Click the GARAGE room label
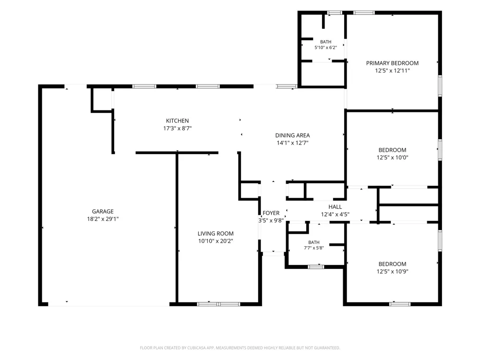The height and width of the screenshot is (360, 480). click(x=103, y=211)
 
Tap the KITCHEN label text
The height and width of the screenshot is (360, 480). click(x=177, y=120)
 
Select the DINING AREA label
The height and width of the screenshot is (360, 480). click(x=292, y=135)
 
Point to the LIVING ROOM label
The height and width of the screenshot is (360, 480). click(x=216, y=233)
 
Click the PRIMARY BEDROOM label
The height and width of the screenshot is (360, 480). click(x=393, y=63)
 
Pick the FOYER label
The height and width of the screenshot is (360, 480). click(x=271, y=213)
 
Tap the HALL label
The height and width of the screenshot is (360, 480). click(x=335, y=206)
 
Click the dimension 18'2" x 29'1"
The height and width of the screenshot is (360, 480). click(x=103, y=219)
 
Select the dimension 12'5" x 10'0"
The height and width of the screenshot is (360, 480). click(x=393, y=157)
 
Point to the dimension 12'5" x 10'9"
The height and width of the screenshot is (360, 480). click(x=393, y=271)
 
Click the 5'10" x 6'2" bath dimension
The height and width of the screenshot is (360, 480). click(x=326, y=48)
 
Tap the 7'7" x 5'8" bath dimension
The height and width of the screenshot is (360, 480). click(x=314, y=248)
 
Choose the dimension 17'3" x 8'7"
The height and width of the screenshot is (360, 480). click(x=177, y=128)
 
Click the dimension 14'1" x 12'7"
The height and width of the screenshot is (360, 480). click(x=292, y=143)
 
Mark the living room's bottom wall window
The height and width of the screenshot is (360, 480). click(x=218, y=304)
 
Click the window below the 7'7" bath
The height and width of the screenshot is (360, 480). click(x=316, y=267)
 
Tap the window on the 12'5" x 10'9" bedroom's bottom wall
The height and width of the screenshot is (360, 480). click(x=400, y=304)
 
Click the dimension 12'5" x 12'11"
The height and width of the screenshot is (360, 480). click(x=393, y=71)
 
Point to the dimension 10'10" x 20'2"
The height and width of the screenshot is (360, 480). click(x=216, y=241)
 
